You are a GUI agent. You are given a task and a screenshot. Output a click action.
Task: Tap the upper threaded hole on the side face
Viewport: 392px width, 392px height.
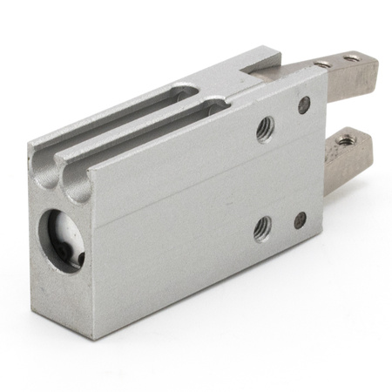[x=265, y=128]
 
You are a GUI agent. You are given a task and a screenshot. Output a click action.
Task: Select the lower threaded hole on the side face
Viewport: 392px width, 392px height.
[x=262, y=228]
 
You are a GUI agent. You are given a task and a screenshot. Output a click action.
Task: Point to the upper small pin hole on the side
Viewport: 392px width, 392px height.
[x=304, y=105]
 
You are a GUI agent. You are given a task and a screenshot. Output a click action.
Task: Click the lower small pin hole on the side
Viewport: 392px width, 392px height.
[x=300, y=220]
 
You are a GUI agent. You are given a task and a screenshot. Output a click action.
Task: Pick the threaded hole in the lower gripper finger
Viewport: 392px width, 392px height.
[x=347, y=139]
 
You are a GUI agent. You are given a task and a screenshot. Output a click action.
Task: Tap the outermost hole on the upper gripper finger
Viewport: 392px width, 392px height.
[x=353, y=58]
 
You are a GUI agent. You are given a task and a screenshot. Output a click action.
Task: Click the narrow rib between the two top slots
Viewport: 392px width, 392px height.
[x=131, y=122]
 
